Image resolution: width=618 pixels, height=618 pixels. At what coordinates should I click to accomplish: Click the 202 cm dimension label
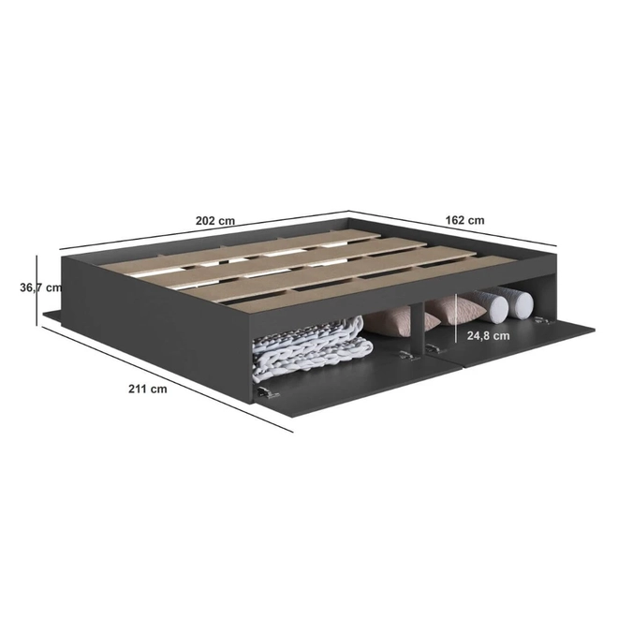[215, 221]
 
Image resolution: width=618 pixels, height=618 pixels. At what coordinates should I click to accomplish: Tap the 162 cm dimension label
[465, 220]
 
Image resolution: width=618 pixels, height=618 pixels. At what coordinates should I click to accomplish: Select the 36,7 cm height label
[41, 287]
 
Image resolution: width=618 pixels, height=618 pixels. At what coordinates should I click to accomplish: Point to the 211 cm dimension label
[148, 389]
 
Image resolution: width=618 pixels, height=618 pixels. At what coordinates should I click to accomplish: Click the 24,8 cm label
[489, 336]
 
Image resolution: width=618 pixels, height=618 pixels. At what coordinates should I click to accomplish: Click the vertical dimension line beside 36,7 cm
[37, 290]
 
